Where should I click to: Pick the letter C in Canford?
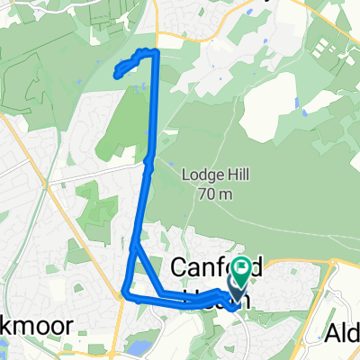(x=178, y=268)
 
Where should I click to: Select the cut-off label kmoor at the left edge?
(x=19, y=324)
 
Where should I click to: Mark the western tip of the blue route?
(x=117, y=75)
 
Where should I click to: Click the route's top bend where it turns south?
(x=157, y=54)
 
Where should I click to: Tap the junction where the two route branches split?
(x=135, y=244)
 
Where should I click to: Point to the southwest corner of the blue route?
(x=125, y=292)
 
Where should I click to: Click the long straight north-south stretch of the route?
(x=154, y=117)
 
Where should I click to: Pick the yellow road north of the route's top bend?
(x=157, y=22)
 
